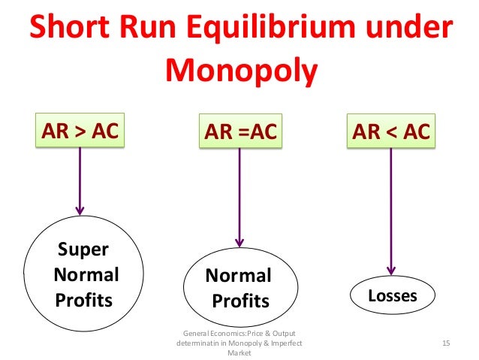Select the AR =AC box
point(238,134)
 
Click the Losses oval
point(391,295)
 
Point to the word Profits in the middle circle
point(240,302)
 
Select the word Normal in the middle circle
point(239,277)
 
